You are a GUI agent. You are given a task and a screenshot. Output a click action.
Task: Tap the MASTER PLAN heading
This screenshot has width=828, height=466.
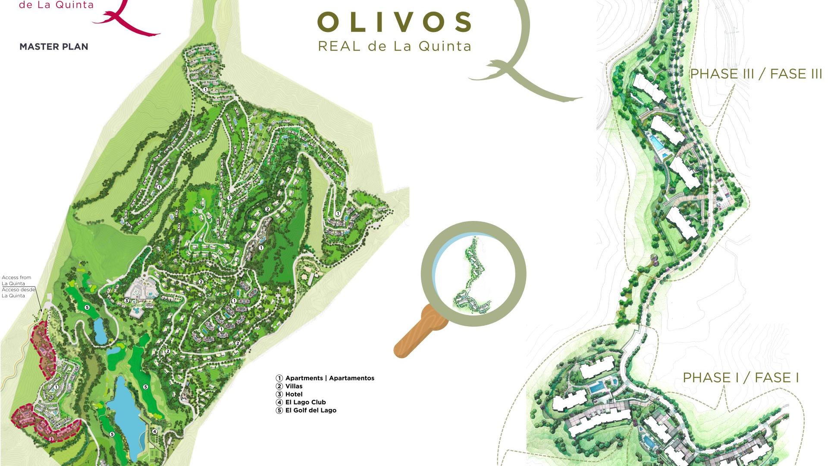point(54,47)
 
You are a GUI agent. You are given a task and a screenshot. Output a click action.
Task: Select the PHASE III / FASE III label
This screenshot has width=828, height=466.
point(756,74)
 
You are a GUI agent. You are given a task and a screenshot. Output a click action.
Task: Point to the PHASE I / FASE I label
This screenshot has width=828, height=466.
point(740,378)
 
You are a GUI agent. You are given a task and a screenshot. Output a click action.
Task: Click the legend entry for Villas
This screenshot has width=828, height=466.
point(293,386)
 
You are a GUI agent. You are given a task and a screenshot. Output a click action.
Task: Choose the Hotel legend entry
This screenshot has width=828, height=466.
point(293,394)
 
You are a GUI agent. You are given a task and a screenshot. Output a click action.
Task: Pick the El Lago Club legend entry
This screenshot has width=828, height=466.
point(305,402)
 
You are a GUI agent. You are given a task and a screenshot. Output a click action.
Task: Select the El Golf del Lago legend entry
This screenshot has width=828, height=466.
point(310,410)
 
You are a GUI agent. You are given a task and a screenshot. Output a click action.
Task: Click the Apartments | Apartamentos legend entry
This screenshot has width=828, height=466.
point(329,378)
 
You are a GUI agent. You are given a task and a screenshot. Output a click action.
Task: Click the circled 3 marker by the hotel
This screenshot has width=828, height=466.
point(126,300)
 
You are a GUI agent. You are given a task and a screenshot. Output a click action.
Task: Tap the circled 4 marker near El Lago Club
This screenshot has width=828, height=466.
point(154,431)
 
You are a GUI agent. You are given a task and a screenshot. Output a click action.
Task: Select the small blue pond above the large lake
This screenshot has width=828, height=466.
point(100,331)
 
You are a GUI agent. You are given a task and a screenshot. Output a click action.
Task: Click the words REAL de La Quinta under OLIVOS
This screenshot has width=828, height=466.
point(395,46)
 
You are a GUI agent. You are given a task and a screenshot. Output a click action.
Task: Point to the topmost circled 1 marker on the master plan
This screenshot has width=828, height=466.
point(205,90)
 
